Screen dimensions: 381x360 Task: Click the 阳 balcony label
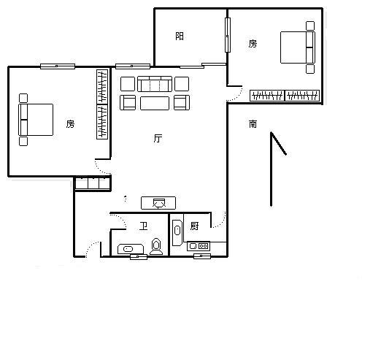[x=180, y=36]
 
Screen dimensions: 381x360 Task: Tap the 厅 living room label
[x=158, y=138]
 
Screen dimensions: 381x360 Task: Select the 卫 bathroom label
[x=143, y=226]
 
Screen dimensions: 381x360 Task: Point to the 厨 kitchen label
[x=194, y=226]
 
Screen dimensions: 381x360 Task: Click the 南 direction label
[x=253, y=124]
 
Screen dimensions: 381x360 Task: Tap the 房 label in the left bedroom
[x=70, y=124]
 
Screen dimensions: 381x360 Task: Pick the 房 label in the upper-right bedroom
[x=253, y=44]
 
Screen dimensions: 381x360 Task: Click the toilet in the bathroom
[x=156, y=247]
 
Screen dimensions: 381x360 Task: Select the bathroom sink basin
[x=128, y=249]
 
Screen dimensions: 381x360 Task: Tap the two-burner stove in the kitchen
[x=199, y=246]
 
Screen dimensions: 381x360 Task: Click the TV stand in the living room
[x=158, y=203]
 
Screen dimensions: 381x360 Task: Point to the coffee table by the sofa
[x=155, y=103]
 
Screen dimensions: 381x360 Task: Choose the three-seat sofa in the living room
[x=155, y=84]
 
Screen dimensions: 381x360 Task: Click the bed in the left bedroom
[x=36, y=120]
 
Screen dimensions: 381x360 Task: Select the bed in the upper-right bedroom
[x=298, y=47]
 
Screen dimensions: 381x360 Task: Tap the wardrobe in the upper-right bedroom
[x=285, y=96]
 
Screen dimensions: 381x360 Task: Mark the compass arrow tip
[x=272, y=132]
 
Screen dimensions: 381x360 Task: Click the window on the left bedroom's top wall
[x=58, y=66]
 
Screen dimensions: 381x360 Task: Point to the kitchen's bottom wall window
[x=202, y=256]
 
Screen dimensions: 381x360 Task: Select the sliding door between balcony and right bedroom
[x=228, y=35]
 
